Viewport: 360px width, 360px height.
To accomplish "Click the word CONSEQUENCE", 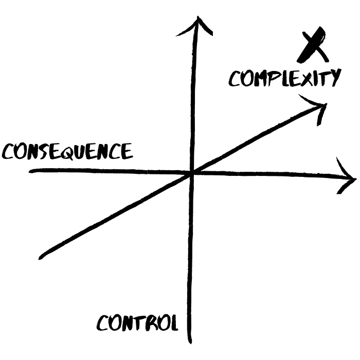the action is pos(67,152).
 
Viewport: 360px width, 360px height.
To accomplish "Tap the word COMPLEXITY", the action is pos(285,78).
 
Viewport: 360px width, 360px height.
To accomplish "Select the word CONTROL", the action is pos(137,323).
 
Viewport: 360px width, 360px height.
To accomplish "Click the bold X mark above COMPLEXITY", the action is pos(313,45).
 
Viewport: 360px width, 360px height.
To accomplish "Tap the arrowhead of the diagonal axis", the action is pos(317,107).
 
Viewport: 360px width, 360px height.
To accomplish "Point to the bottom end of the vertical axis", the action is pos(190,342).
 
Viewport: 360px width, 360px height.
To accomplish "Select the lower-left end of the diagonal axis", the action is pos(41,258).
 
